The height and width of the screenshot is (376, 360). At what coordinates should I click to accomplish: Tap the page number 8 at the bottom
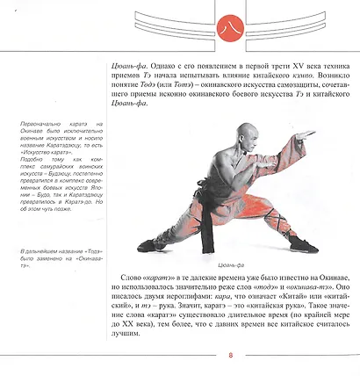point(230,356)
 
